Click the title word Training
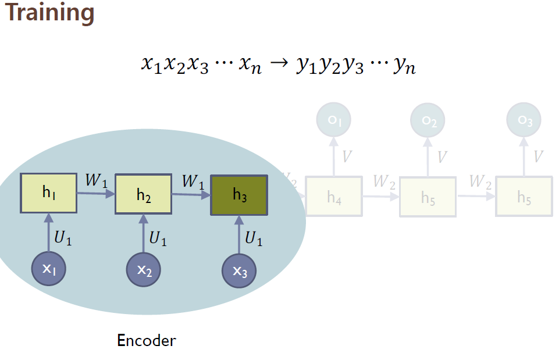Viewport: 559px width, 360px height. [49, 13]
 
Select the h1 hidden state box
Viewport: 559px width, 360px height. [49, 193]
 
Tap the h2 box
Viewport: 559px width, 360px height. [144, 195]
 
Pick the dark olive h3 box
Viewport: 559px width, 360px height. [239, 195]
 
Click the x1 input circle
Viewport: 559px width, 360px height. [49, 269]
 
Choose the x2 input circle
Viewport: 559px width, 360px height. [144, 270]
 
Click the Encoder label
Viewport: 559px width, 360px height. [146, 340]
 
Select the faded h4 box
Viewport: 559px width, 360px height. [334, 197]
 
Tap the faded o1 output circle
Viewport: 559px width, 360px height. [333, 120]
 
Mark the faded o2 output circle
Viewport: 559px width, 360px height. [428, 121]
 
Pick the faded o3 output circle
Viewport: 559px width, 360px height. [524, 120]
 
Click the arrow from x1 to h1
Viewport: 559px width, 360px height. [49, 233]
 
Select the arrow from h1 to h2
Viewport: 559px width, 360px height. [96, 194]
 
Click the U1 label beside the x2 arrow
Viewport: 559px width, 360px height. [158, 238]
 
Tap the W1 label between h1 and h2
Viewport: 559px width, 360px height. [97, 180]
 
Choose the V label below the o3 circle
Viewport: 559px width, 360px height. [538, 156]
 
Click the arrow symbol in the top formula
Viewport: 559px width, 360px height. [279, 63]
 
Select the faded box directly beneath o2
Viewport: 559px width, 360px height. [428, 197]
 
